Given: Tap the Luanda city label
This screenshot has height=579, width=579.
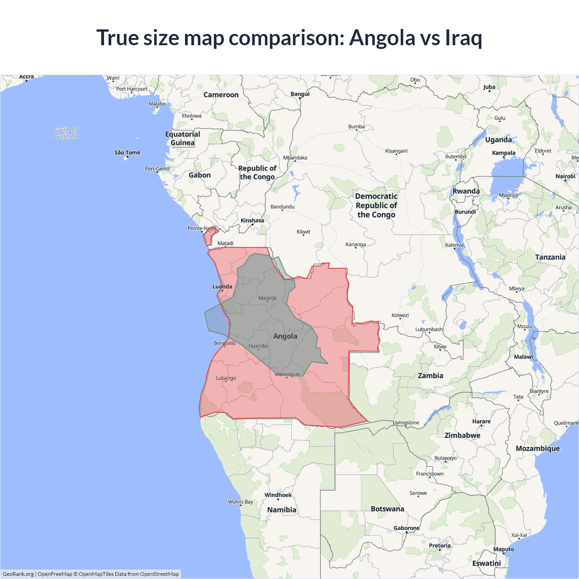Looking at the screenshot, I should [222, 286].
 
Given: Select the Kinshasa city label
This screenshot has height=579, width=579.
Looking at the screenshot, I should [252, 221].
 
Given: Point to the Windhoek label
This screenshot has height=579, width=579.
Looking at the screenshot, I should [278, 495].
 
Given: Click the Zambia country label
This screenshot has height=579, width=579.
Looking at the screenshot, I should [430, 375].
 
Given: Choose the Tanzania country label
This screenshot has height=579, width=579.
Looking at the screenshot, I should [550, 257].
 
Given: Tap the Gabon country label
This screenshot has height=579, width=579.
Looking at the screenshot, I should [199, 175].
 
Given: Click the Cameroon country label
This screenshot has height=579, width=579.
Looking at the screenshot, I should [221, 95].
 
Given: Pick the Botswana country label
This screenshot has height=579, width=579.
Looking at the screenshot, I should [387, 509].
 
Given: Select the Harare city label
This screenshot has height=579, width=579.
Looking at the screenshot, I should [481, 421].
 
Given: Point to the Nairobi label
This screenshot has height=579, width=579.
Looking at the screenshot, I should [565, 176].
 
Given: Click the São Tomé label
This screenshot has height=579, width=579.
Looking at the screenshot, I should [127, 152].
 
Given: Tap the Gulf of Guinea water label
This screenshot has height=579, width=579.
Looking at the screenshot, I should [66, 133].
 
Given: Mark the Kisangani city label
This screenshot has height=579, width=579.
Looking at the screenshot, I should [396, 151].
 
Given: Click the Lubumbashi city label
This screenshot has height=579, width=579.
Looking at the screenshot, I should [429, 329].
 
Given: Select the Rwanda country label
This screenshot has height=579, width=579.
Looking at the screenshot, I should [466, 191].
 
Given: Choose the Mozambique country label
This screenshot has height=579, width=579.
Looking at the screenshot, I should [537, 448].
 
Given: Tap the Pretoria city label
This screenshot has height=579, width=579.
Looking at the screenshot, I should [440, 546].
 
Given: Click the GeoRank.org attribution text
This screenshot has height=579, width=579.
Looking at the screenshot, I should [18, 574].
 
